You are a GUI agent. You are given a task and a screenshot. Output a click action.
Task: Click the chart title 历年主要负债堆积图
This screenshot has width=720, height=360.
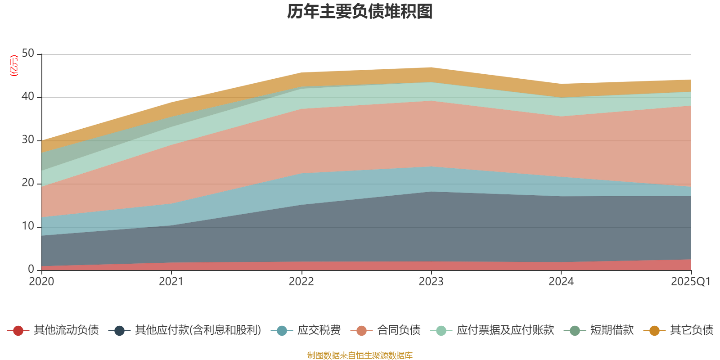(x=360, y=12)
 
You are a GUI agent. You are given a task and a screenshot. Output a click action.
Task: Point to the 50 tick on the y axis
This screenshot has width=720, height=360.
(x=28, y=54)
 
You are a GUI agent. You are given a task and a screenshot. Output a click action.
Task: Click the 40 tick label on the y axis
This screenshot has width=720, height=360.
(x=28, y=97)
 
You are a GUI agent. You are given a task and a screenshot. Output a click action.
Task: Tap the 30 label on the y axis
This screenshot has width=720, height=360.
(x=28, y=140)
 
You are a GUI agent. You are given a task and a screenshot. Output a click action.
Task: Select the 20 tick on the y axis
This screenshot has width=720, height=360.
(x=28, y=183)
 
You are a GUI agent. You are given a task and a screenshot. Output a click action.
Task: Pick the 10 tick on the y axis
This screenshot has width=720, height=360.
(x=28, y=226)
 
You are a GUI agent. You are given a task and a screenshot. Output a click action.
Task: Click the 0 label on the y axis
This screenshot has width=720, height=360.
(x=31, y=270)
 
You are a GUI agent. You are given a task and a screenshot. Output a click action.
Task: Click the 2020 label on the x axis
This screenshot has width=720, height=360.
(x=41, y=282)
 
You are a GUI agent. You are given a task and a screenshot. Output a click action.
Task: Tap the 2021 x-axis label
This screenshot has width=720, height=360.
(x=171, y=282)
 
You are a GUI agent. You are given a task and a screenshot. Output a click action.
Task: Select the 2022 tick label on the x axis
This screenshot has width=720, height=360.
(x=301, y=282)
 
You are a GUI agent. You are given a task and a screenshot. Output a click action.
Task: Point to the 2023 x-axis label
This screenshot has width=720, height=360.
(x=431, y=282)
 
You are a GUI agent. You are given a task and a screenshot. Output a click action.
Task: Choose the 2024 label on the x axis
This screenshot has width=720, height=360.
(x=561, y=282)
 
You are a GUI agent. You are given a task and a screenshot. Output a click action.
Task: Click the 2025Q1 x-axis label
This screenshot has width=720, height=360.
(x=690, y=282)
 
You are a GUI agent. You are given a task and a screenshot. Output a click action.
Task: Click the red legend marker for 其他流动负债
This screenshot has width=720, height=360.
(x=18, y=331)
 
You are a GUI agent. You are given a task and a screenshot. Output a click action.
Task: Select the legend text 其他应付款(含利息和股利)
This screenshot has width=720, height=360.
(x=198, y=330)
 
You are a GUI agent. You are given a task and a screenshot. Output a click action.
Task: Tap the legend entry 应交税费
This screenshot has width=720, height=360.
(x=319, y=330)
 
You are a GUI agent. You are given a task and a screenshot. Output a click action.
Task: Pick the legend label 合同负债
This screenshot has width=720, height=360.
(x=399, y=330)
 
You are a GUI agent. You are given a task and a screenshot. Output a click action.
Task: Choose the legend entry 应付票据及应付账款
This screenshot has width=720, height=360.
(x=505, y=330)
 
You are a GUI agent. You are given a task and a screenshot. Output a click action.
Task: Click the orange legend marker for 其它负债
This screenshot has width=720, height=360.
(x=654, y=331)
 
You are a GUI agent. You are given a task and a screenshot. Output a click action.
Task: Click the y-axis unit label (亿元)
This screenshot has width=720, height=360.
(x=14, y=66)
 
